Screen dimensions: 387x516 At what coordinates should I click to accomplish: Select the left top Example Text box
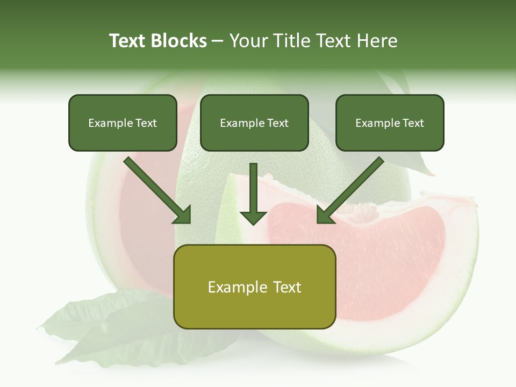click(123, 123)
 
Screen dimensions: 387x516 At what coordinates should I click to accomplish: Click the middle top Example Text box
click(254, 123)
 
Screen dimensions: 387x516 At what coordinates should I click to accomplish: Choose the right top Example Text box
click(390, 123)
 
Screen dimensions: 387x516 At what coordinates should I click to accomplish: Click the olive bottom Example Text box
click(254, 286)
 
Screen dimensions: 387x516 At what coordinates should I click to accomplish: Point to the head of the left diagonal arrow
click(183, 216)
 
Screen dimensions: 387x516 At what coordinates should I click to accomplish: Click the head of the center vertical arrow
click(253, 217)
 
